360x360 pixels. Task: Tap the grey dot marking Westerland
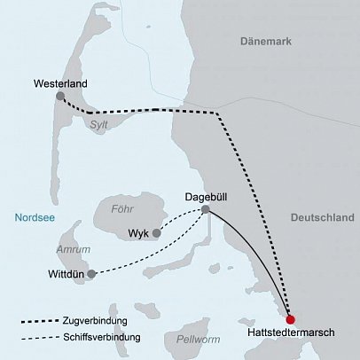[60, 96]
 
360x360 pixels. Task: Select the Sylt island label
[99, 126]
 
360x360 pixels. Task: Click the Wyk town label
[137, 234]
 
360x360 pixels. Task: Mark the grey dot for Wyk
[157, 233]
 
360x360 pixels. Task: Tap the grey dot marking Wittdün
[92, 273]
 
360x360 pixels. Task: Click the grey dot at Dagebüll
[206, 210]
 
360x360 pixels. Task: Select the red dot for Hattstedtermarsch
[290, 319]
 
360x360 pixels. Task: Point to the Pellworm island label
[198, 339]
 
